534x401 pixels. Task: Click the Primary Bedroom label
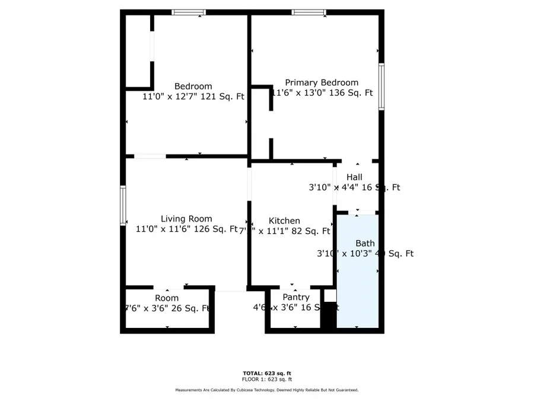322,83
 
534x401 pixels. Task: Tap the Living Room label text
186,219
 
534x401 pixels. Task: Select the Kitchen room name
284,220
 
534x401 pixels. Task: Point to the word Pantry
295,297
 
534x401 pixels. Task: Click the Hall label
354,177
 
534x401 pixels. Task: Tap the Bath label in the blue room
365,243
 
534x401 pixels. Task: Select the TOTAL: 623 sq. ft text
266,373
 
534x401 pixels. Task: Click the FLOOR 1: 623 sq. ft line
266,379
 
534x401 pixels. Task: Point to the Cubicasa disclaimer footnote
266,390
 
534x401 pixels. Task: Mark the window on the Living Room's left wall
123,205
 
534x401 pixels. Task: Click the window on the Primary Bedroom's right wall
382,87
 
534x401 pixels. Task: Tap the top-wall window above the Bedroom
189,12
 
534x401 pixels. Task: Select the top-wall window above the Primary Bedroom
309,12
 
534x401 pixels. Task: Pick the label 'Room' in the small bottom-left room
167,298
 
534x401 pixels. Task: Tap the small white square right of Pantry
330,295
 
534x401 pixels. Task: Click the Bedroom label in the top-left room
193,86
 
